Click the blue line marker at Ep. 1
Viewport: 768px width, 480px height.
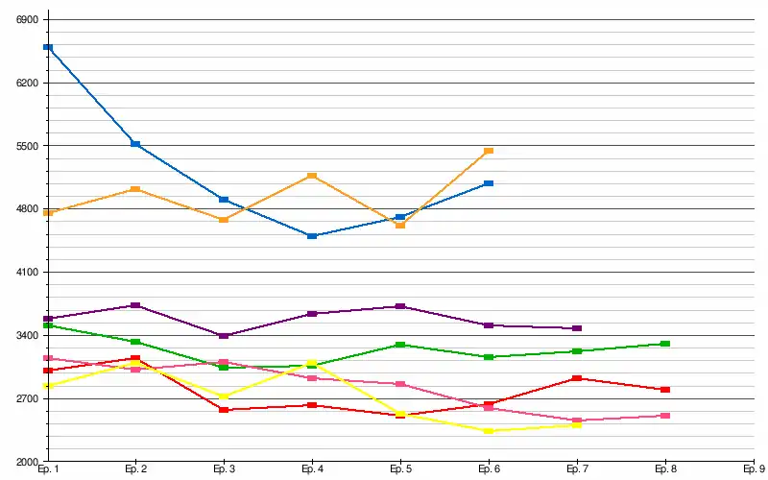pyautogui.click(x=48, y=47)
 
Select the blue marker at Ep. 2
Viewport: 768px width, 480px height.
pyautogui.click(x=135, y=144)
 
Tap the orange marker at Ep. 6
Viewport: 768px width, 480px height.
pyautogui.click(x=489, y=151)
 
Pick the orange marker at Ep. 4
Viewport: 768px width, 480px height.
pyautogui.click(x=312, y=176)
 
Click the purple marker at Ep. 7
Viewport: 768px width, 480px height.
pyautogui.click(x=577, y=328)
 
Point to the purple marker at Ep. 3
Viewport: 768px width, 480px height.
pyautogui.click(x=224, y=335)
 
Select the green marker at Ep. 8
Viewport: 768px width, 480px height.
pyautogui.click(x=665, y=344)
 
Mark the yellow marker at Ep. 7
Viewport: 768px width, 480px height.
pyautogui.click(x=577, y=424)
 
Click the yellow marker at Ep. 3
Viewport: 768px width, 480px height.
pyautogui.click(x=224, y=396)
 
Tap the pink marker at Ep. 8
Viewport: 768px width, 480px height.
pyautogui.click(x=665, y=416)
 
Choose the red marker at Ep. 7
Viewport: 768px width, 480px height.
pyautogui.click(x=577, y=378)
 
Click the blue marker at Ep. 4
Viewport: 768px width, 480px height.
pyautogui.click(x=312, y=235)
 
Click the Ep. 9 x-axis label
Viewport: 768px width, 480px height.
pyautogui.click(x=754, y=469)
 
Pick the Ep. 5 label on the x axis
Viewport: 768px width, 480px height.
pyautogui.click(x=400, y=469)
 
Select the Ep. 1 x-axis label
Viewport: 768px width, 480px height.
pyautogui.click(x=48, y=469)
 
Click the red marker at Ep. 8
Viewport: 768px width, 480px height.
pyautogui.click(x=665, y=390)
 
